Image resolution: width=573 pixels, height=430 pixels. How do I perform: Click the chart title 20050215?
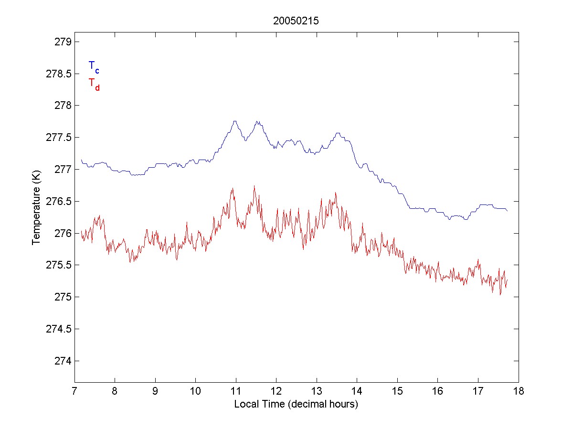(x=296, y=21)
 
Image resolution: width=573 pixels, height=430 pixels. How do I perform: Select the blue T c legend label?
(x=94, y=67)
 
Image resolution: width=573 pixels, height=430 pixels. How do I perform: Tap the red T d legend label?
(x=94, y=84)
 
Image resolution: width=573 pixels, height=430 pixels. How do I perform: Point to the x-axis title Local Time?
(x=296, y=404)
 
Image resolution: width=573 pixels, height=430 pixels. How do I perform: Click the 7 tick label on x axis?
(x=74, y=391)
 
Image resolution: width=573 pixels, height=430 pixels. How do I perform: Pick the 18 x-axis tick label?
(x=519, y=391)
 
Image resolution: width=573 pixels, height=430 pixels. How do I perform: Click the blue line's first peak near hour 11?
(x=235, y=121)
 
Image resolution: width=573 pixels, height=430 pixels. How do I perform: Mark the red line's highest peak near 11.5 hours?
(x=254, y=186)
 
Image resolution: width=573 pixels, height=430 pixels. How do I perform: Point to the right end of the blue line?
(x=507, y=211)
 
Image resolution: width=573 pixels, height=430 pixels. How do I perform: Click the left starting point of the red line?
(x=82, y=231)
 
